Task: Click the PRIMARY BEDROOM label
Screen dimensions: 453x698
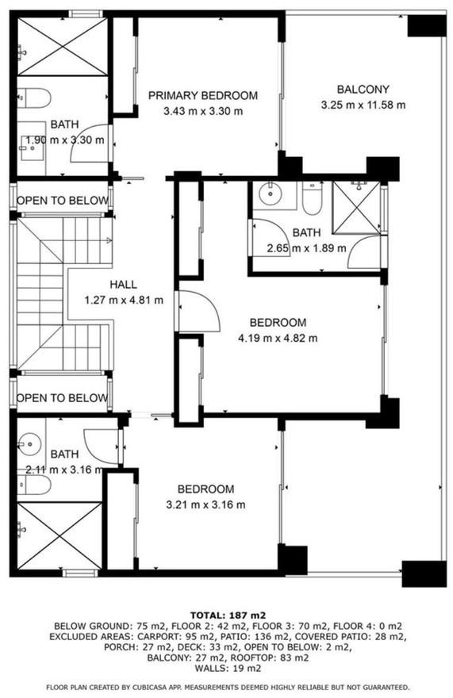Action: click(202, 95)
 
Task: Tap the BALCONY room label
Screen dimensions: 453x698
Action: click(363, 90)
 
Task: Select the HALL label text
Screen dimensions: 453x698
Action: click(124, 285)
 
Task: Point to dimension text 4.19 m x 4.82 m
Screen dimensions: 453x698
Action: click(278, 339)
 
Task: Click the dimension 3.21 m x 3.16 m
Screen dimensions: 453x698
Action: click(205, 504)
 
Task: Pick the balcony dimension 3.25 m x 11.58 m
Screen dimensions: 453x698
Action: click(363, 105)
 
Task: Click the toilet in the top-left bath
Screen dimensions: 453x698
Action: click(34, 98)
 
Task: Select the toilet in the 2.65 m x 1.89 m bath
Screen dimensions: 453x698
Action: click(312, 198)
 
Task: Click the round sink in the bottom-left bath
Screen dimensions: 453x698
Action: click(30, 444)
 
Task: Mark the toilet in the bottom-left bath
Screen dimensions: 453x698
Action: click(34, 485)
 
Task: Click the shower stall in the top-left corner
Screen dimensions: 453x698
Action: click(63, 46)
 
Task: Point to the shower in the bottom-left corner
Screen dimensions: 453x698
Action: click(60, 535)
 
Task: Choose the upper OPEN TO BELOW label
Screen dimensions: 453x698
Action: click(63, 201)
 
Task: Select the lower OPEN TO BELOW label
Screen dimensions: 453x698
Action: click(63, 397)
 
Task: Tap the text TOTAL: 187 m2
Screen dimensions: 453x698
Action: click(228, 616)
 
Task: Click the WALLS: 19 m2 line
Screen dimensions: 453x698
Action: click(228, 668)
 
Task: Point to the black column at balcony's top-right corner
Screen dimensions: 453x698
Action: click(427, 26)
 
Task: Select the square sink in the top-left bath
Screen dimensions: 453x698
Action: click(33, 148)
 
